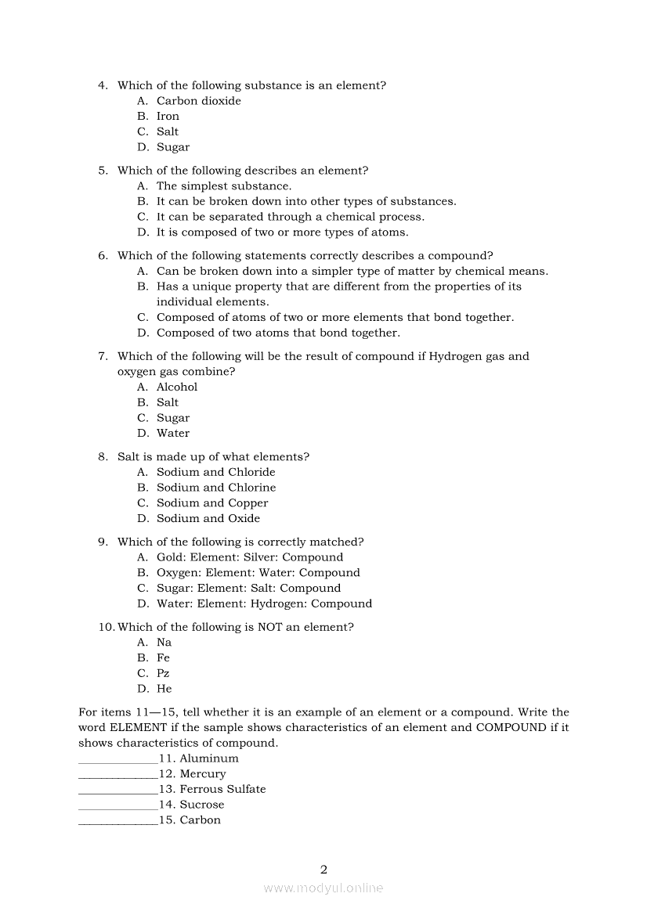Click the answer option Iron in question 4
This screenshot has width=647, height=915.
coord(168,117)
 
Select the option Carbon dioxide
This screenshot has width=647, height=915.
coord(198,101)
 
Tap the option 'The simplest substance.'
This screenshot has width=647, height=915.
coord(223,186)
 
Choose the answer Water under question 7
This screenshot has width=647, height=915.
coord(172,434)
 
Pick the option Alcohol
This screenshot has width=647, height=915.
coord(176,387)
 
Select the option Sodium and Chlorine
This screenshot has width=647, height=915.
coord(215,488)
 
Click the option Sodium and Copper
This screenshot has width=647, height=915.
coord(211,503)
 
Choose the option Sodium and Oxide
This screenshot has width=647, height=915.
coord(208,519)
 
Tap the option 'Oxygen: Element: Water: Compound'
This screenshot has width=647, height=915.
coord(258,573)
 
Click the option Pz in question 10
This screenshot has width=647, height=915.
coord(163,674)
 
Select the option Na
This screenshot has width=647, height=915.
coord(164,643)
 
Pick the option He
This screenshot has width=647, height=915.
coord(164,690)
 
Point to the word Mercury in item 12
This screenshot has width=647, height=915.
coord(203,774)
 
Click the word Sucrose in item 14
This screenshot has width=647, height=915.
coord(202,805)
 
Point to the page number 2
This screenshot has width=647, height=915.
coord(323,869)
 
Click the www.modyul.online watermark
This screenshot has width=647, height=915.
coord(323,888)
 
